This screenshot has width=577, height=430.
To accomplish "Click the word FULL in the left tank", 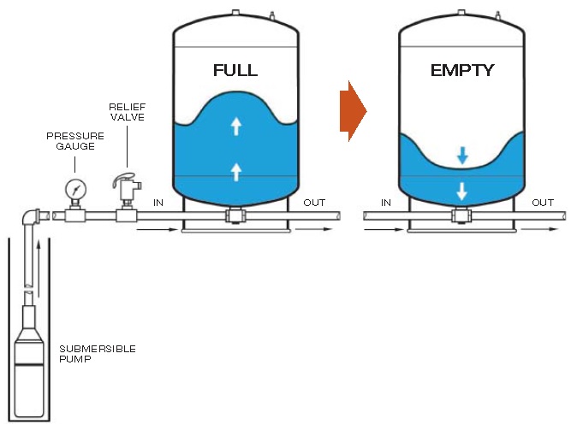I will pos(235,70).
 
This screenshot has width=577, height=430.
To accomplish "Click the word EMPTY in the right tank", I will pos(462,70).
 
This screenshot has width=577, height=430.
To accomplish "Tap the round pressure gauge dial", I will pos(75,187).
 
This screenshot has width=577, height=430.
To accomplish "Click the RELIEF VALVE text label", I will pos(127,111).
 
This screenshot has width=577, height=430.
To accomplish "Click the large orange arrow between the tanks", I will pos(353,111).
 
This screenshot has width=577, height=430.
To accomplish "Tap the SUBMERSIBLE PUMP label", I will pos(98,354).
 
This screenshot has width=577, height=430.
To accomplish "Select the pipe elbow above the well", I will pos(33,217).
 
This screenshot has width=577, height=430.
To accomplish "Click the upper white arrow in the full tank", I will pos(236,127).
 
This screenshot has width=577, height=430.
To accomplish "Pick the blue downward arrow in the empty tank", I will pos(462,155).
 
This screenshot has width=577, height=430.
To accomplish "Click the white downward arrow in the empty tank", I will pos(462,191).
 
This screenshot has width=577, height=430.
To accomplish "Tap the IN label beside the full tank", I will pos(158,203).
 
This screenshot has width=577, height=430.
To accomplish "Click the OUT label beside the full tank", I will pos(314,203).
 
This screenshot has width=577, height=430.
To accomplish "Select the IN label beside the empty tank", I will pos(385,203).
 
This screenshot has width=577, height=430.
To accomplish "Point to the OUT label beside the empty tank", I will pos(543,203).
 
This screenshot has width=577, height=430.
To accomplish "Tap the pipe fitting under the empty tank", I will pos(462,217).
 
